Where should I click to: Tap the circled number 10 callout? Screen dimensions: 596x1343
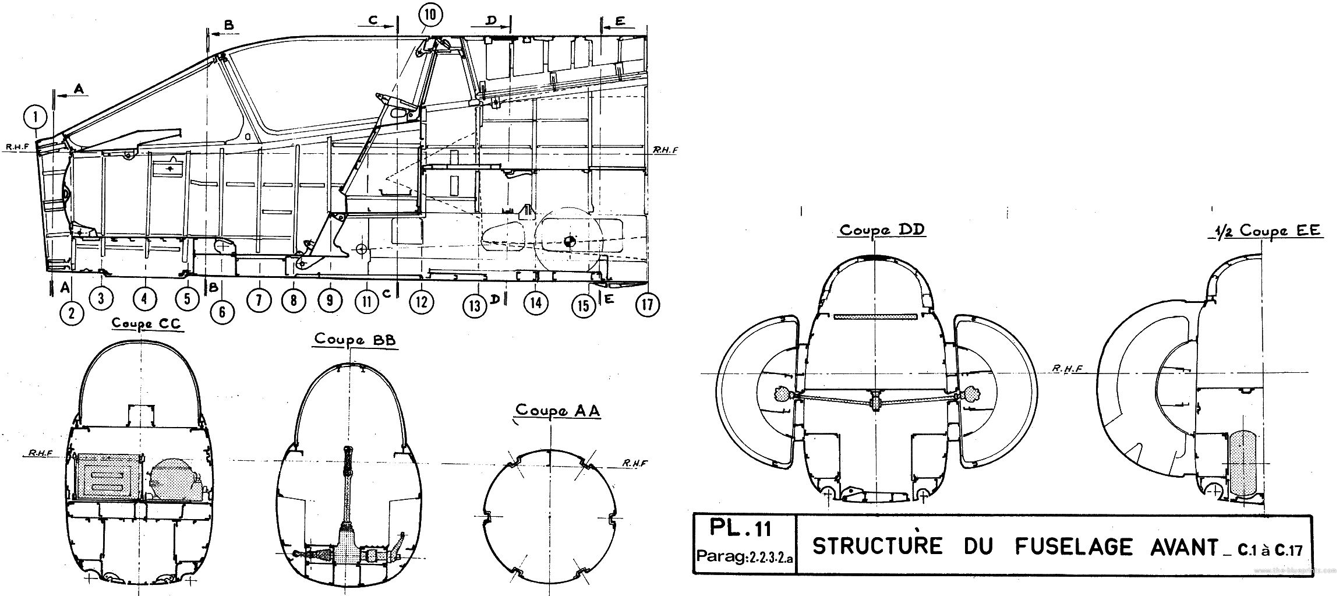pos(429,16)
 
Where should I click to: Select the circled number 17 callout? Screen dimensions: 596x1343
pos(647,304)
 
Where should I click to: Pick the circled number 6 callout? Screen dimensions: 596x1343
pos(222,312)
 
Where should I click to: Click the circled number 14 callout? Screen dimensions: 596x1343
pos(536,302)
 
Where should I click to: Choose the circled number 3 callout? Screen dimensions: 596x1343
pos(101,298)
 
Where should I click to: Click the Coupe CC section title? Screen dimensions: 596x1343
pos(146,324)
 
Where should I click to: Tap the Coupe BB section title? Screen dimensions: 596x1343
pos(355,339)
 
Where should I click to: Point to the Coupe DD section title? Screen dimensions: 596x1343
pos(881,230)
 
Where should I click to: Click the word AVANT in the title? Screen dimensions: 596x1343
pos(1177,546)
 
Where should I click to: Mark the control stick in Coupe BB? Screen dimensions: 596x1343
pos(348,489)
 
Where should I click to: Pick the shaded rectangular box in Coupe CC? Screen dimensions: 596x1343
pos(108,477)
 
